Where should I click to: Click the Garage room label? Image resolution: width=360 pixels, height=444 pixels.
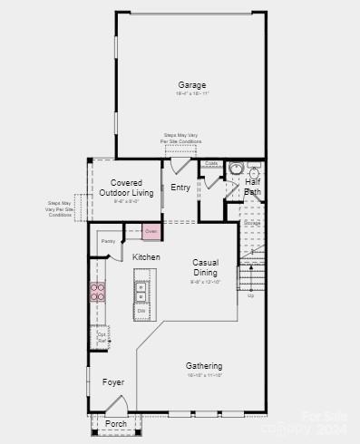[x=191, y=85]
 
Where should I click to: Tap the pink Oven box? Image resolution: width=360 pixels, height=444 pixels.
[x=151, y=233]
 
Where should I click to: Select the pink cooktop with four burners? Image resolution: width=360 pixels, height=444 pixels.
[x=97, y=292]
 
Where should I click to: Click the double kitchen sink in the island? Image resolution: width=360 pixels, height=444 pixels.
[x=141, y=292]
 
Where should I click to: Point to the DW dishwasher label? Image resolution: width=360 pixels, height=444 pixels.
[x=141, y=311]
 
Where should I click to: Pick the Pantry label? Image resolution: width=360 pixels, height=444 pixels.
[x=108, y=241]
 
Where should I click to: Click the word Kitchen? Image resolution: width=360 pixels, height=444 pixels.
[x=146, y=257]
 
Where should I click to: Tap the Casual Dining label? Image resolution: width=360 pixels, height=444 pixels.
[x=205, y=267]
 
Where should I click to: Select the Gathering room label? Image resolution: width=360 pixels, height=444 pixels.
[x=204, y=366]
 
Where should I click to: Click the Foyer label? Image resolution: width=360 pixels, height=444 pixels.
[x=112, y=382]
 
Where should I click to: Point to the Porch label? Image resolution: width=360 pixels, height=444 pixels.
[x=116, y=423]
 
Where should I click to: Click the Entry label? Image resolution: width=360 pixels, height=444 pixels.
[x=180, y=188]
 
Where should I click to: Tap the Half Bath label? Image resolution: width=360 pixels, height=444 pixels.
[x=253, y=187]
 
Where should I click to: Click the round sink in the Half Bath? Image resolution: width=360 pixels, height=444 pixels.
[x=236, y=168]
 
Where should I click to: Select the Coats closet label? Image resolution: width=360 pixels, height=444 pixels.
[x=210, y=164]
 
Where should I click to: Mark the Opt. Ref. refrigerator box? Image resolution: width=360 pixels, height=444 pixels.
[x=102, y=337]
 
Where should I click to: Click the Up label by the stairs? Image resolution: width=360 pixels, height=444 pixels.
[x=250, y=295]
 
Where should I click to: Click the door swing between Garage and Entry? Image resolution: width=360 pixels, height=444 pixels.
[x=179, y=165]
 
